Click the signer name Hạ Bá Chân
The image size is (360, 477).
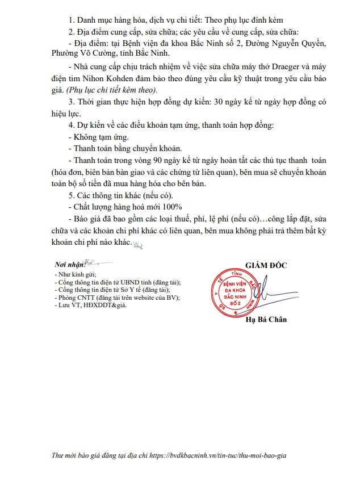click(266, 320)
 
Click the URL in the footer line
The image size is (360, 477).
click(238, 455)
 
